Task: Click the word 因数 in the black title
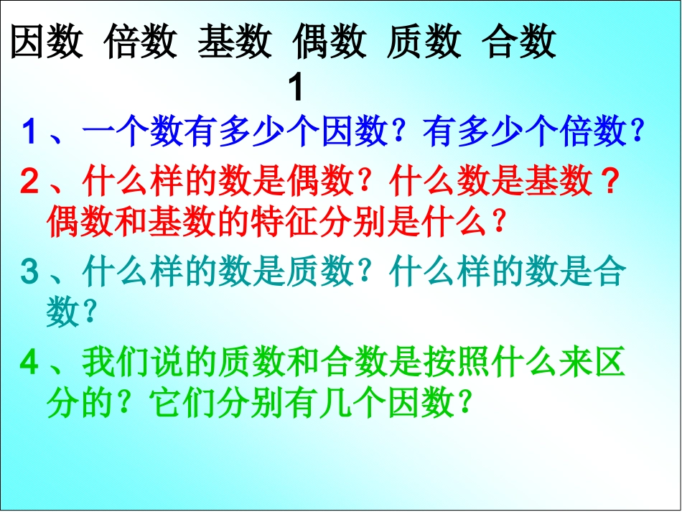coord(47,42)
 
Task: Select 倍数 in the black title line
coord(141,42)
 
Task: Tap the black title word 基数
coord(235,42)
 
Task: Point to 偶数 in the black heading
coord(330,42)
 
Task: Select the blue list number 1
coord(29,132)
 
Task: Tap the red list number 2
coord(29,183)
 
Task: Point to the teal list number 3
coord(29,272)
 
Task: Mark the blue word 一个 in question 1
coord(116,132)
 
